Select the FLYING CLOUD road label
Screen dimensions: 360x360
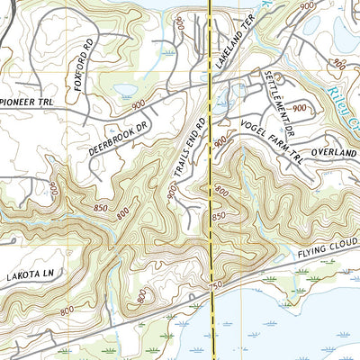coord(328,255)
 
